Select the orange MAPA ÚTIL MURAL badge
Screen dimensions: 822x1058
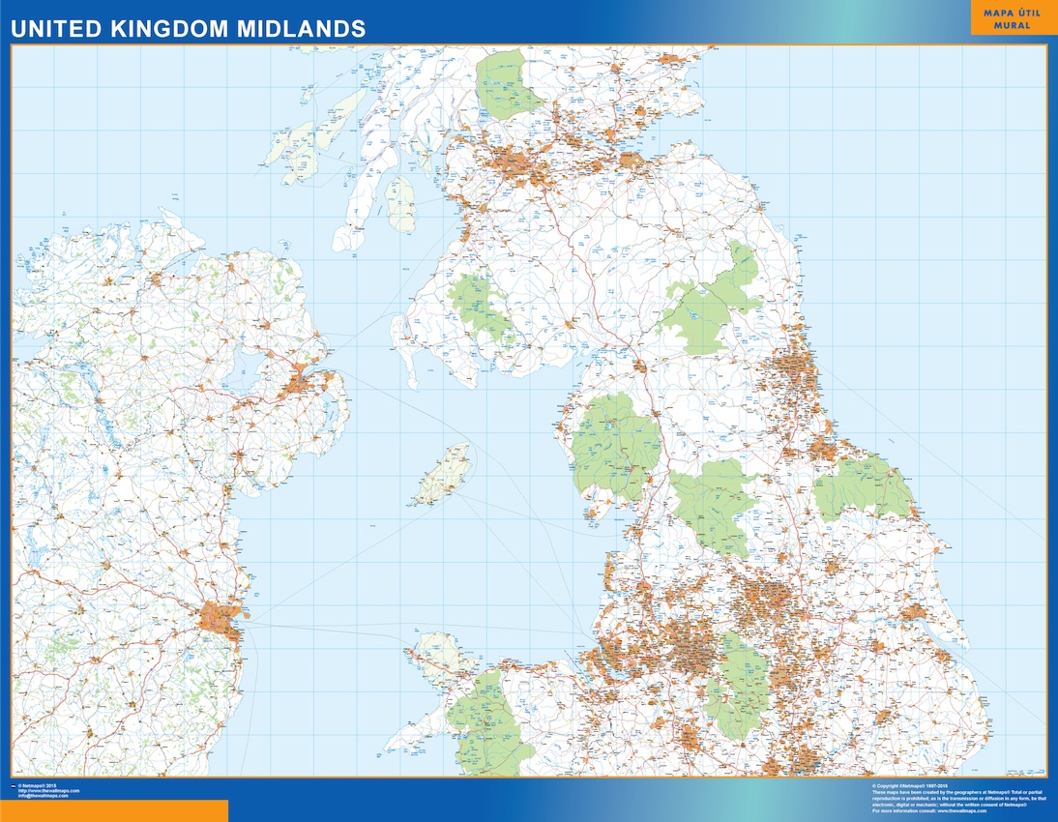click(x=1013, y=18)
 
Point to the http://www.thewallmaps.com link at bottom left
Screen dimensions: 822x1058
click(x=48, y=791)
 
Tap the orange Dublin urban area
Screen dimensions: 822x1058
click(x=221, y=616)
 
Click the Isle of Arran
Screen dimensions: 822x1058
click(x=399, y=203)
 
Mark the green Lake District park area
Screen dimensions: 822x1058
click(x=615, y=447)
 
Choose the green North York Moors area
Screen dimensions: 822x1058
click(x=864, y=486)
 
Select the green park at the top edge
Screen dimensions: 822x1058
click(x=507, y=85)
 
